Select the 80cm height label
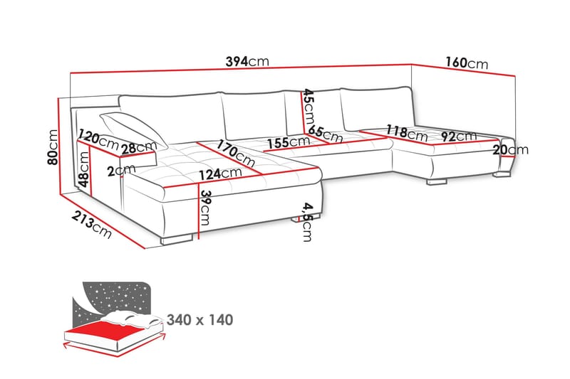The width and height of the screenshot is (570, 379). (52, 147)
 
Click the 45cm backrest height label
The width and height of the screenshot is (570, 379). (308, 105)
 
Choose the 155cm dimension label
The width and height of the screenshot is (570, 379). (287, 142)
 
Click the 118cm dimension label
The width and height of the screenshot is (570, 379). (406, 132)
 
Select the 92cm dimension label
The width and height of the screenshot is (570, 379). (457, 137)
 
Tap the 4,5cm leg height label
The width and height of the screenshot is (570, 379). (306, 221)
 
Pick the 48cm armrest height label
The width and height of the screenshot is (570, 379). (85, 171)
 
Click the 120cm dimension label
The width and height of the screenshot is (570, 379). (98, 139)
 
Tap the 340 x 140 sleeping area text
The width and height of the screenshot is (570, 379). (199, 320)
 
